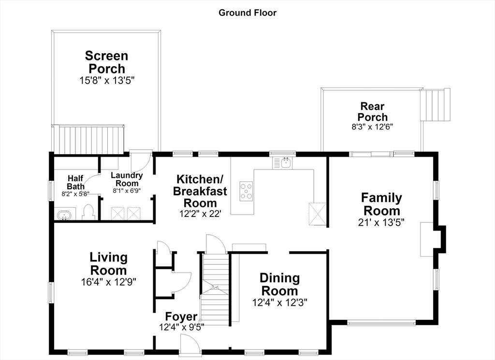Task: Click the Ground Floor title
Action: [x=247, y=13]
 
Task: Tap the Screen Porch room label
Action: [x=107, y=62]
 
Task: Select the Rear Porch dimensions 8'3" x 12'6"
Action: [x=373, y=127]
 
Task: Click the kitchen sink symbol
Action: [x=282, y=163]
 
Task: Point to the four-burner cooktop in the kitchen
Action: [x=246, y=191]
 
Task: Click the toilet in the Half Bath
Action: [x=88, y=212]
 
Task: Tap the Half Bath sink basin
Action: [x=65, y=216]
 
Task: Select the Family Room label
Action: [x=382, y=204]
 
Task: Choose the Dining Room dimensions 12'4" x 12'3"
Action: [x=280, y=303]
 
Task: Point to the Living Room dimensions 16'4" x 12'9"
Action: [x=109, y=282]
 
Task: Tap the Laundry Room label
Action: [x=127, y=179]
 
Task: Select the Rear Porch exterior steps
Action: [x=435, y=105]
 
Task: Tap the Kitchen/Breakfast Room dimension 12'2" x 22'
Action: [x=200, y=214]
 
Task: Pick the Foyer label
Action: [x=181, y=317]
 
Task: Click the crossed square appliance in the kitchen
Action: [x=317, y=214]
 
